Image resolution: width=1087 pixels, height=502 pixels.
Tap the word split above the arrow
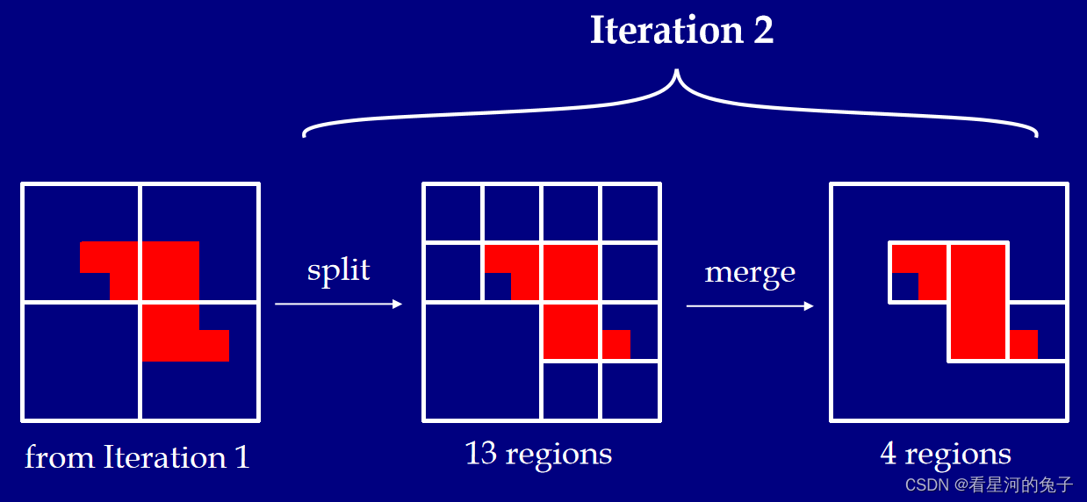(x=338, y=269)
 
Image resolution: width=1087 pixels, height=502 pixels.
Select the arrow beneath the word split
(x=338, y=304)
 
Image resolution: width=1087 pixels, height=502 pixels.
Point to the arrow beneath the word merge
(x=750, y=305)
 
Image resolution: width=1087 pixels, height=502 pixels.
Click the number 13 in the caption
(x=481, y=453)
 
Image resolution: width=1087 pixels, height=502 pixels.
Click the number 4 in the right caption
(x=888, y=454)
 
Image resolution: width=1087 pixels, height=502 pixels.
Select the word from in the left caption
(x=60, y=457)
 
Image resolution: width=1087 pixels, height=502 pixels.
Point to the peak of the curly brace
(x=675, y=74)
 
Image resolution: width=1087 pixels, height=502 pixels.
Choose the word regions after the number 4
(x=958, y=455)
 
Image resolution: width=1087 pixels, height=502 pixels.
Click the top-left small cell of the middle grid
(x=452, y=212)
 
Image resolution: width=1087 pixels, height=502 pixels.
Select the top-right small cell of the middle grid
(x=630, y=212)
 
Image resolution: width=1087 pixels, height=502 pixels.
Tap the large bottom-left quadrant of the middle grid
(x=482, y=361)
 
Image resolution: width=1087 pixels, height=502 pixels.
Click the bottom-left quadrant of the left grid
(x=81, y=361)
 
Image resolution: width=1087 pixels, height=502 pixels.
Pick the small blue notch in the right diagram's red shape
(x=904, y=286)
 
